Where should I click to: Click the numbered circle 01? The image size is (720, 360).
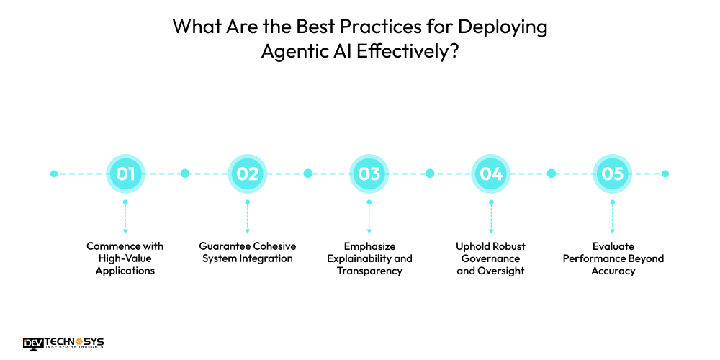[x=125, y=174]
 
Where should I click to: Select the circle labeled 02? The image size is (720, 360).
[x=248, y=174]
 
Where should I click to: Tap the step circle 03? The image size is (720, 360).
[x=369, y=174]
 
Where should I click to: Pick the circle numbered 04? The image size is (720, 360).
[x=491, y=174]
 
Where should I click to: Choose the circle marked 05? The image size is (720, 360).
[x=613, y=174]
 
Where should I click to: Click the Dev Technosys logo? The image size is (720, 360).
[x=63, y=343]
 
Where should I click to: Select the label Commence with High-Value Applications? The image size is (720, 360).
[x=125, y=258]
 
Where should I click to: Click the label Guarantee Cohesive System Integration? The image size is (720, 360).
[x=248, y=252]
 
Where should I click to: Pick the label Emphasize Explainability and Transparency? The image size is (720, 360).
[x=369, y=258]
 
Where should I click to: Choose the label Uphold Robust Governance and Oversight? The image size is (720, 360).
[x=491, y=258]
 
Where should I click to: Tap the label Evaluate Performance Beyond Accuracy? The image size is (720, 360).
[x=613, y=258]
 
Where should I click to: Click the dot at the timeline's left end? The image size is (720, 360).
[x=53, y=174]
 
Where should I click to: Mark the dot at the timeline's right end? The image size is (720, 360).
[x=665, y=174]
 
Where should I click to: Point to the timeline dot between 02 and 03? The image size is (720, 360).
[x=308, y=174]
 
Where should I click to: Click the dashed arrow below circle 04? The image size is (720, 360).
[x=491, y=217]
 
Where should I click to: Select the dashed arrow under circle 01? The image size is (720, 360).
[x=125, y=217]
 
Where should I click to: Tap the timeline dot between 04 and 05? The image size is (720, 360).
[x=552, y=174]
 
